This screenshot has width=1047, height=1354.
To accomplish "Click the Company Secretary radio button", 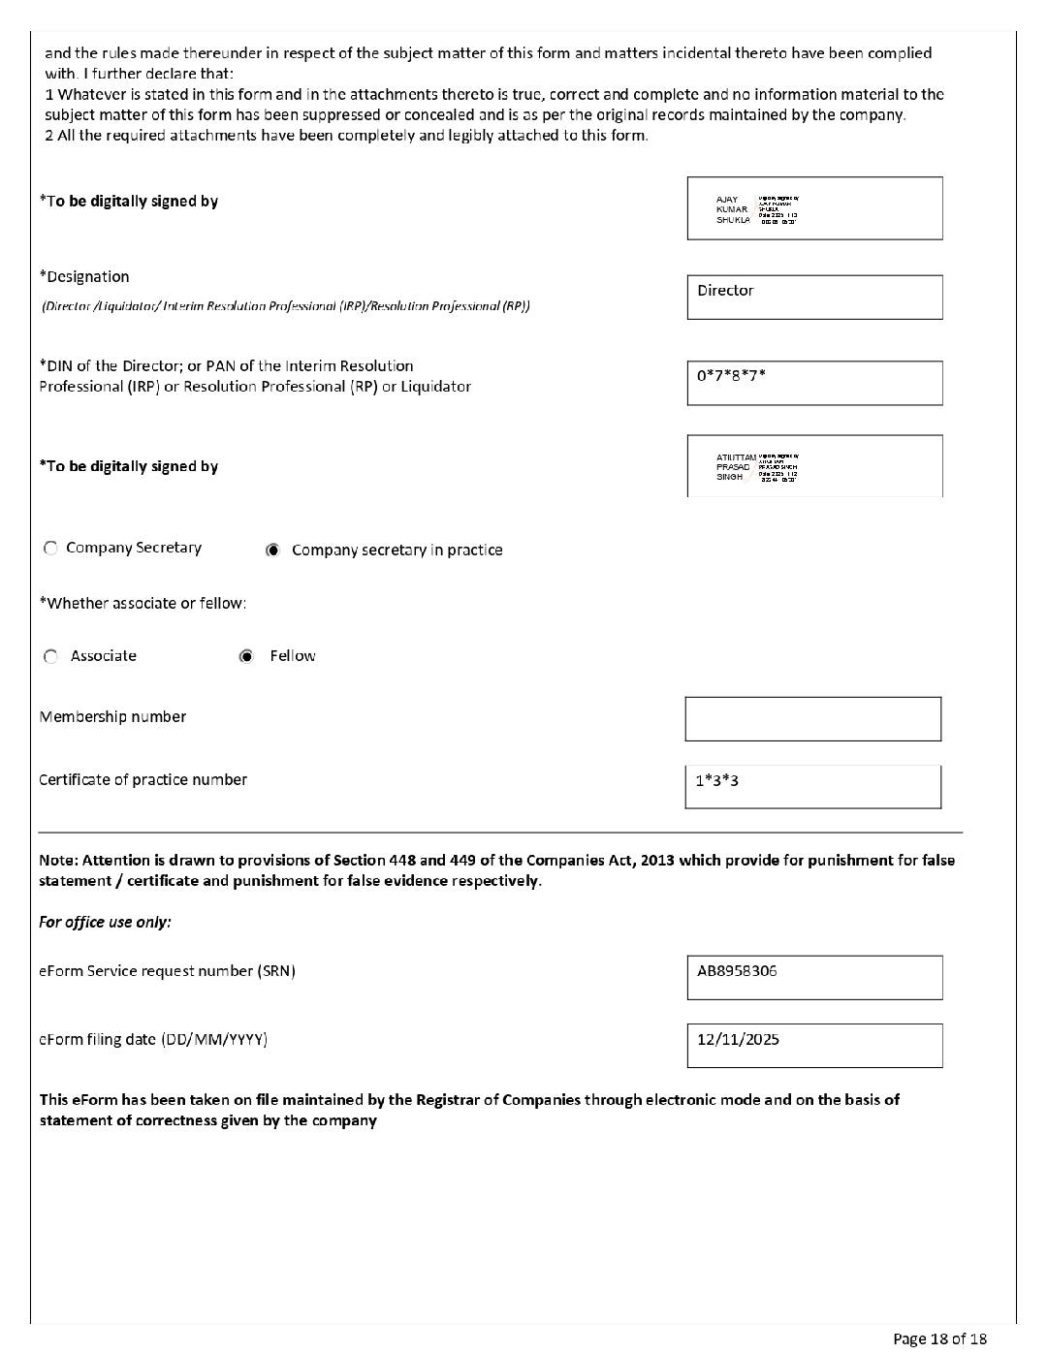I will point(50,549).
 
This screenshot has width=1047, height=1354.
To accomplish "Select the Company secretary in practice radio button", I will point(273,551).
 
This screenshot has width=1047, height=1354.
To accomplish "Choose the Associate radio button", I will point(50,656).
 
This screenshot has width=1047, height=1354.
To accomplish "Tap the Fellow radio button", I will point(247,656).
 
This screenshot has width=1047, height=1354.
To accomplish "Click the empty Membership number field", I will point(812,719).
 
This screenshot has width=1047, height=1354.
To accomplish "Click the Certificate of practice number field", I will point(812,786).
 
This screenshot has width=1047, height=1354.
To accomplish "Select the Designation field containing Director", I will point(814,297).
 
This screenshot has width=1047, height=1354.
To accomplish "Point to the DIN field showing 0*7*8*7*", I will point(814,383).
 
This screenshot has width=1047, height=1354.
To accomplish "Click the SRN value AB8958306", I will point(737,970).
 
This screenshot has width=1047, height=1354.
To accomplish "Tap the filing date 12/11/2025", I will point(738,1039).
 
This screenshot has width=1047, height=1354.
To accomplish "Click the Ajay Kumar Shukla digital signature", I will point(814,208).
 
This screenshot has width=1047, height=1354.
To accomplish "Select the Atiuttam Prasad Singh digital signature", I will point(814,466).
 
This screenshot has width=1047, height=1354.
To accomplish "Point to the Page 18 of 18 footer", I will point(939,1338).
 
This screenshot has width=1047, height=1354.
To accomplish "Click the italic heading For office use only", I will point(105,922).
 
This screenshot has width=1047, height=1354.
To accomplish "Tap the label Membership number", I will point(112,717).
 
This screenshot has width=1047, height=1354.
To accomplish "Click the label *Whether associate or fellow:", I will point(143,603).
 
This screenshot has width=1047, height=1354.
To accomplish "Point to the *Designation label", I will point(84,276).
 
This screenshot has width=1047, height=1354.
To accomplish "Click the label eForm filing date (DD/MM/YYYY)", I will point(153,1039).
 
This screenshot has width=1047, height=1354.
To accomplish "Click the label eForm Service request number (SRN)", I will point(167,970).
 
